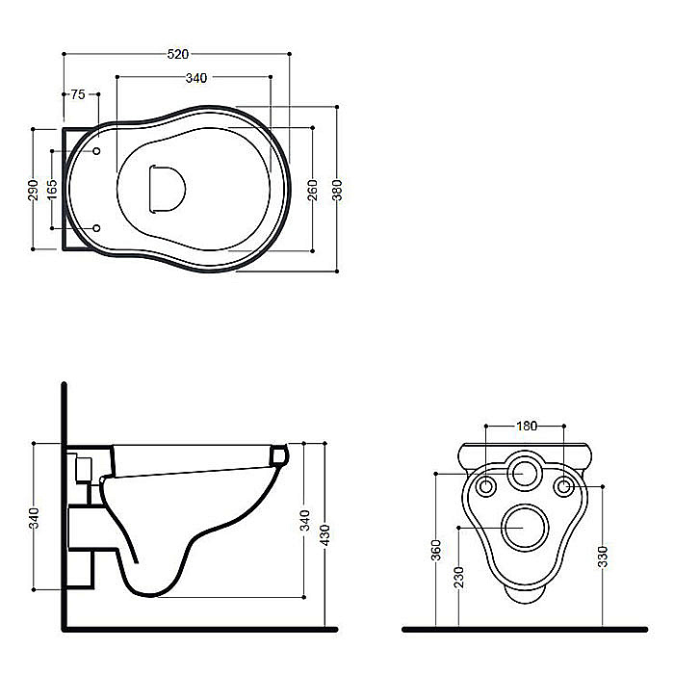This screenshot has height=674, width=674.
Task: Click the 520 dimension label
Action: (177, 54)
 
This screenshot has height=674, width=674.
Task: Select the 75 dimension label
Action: (78, 94)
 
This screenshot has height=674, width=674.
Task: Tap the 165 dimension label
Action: (52, 189)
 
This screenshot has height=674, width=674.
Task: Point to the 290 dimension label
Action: (33, 190)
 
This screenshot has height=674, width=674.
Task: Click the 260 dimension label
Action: (313, 190)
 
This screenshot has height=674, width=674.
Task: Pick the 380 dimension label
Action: (337, 190)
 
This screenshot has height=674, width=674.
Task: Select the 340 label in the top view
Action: (196, 78)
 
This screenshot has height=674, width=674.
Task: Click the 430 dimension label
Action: (325, 535)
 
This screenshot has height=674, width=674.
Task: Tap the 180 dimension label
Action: (526, 426)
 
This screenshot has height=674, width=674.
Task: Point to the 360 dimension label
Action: (436, 550)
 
